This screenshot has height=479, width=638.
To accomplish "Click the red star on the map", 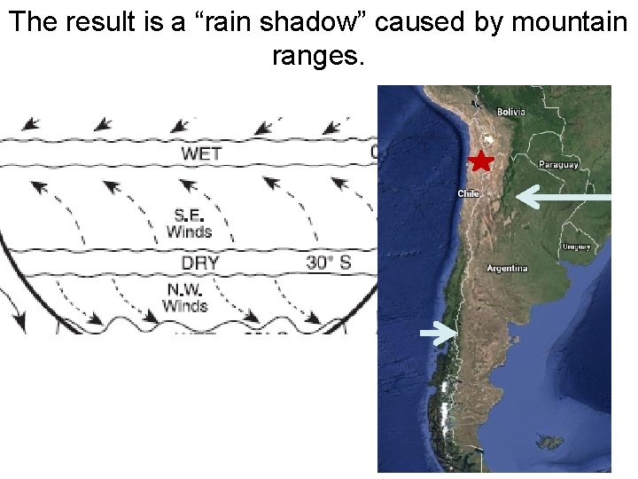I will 479,161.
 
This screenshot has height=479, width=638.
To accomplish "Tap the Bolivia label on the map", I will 510,112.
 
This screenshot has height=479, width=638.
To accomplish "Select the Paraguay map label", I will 558,164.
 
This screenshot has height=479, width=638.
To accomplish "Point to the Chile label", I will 468,193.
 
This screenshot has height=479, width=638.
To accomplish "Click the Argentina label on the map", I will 507,268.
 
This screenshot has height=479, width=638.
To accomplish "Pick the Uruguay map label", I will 575,247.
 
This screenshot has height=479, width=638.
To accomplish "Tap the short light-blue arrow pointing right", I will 438,333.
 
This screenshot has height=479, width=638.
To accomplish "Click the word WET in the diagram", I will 201,153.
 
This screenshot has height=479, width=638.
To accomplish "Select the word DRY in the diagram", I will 200,263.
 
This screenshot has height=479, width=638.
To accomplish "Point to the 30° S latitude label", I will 328,263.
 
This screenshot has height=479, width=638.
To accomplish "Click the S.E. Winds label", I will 189,224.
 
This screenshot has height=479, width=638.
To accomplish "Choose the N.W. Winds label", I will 184,298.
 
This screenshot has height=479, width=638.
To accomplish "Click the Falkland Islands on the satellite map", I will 552,441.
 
